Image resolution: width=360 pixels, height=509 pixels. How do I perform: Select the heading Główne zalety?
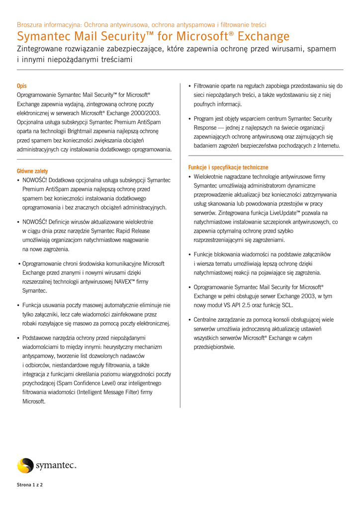coord(32,171)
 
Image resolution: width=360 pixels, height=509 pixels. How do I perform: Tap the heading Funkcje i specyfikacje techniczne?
coord(228,168)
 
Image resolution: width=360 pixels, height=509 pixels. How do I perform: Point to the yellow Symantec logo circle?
coord(25,466)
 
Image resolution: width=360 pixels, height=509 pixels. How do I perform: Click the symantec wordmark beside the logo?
coord(56,466)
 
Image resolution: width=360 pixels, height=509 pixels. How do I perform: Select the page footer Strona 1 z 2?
coord(30,485)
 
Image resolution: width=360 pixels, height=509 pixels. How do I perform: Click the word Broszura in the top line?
coord(30,24)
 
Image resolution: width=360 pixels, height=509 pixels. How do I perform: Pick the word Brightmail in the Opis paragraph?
coord(87,131)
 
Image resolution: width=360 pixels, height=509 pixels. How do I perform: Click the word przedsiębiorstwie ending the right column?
coord(214,347)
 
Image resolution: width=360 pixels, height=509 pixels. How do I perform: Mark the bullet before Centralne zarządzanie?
coord(190,320)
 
